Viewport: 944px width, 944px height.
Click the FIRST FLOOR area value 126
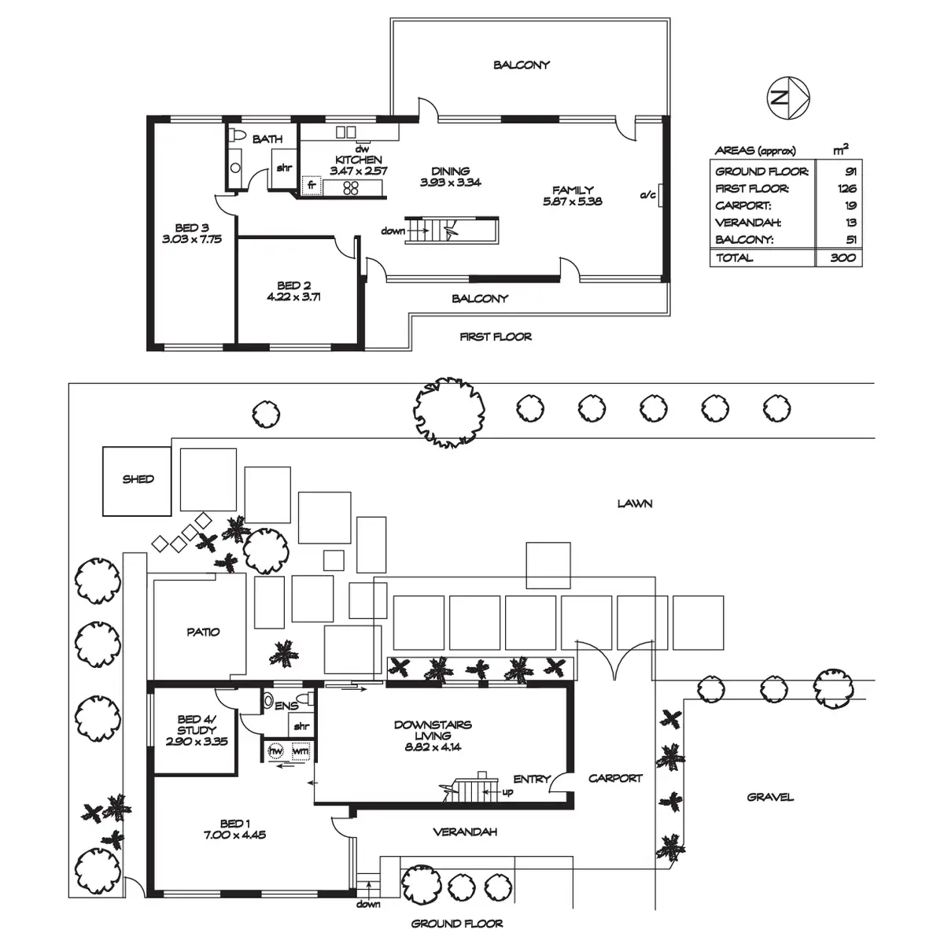pyautogui.click(x=846, y=189)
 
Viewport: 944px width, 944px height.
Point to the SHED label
pyautogui.click(x=138, y=479)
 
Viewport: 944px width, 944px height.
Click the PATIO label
pyautogui.click(x=203, y=632)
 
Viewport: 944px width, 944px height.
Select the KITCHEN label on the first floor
pyautogui.click(x=359, y=160)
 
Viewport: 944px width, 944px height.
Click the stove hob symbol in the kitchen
pyautogui.click(x=351, y=187)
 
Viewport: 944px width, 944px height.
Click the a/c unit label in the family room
pyautogui.click(x=647, y=194)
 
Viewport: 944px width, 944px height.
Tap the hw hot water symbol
pyautogui.click(x=276, y=751)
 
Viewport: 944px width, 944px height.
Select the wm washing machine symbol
pyautogui.click(x=300, y=751)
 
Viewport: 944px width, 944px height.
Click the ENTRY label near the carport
pyautogui.click(x=532, y=779)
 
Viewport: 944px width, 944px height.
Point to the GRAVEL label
pyautogui.click(x=770, y=797)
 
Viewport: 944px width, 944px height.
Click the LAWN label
pyautogui.click(x=634, y=503)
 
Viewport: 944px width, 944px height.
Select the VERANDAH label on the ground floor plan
pyautogui.click(x=465, y=832)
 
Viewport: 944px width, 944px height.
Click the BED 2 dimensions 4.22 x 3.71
pyautogui.click(x=294, y=297)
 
